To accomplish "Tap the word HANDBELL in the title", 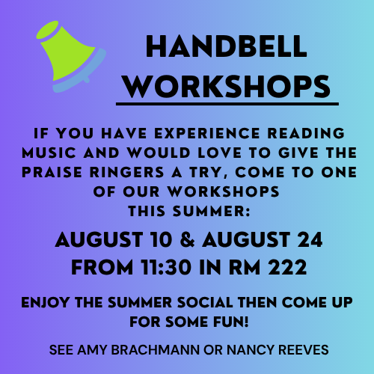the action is pyautogui.click(x=227, y=46).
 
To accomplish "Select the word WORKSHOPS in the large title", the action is pyautogui.click(x=227, y=87).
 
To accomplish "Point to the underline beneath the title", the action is pyautogui.click(x=227, y=104).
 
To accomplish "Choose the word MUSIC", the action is pyautogui.click(x=49, y=153).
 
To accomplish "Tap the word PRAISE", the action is pyautogui.click(x=52, y=172).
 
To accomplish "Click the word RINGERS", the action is pyautogui.click(x=126, y=172).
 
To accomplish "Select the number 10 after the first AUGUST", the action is pyautogui.click(x=162, y=239).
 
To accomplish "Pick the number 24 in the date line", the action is pyautogui.click(x=310, y=239).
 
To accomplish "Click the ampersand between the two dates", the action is pyautogui.click(x=187, y=239).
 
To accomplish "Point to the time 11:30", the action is pyautogui.click(x=166, y=267).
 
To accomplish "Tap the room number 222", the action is pyautogui.click(x=287, y=267).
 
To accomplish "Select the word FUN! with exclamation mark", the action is pyautogui.click(x=231, y=322).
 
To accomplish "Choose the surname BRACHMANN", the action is pyautogui.click(x=156, y=349).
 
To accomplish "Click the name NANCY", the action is pyautogui.click(x=251, y=349).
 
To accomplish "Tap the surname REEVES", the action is pyautogui.click(x=304, y=349).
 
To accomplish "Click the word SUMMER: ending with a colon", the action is pyautogui.click(x=212, y=212).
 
